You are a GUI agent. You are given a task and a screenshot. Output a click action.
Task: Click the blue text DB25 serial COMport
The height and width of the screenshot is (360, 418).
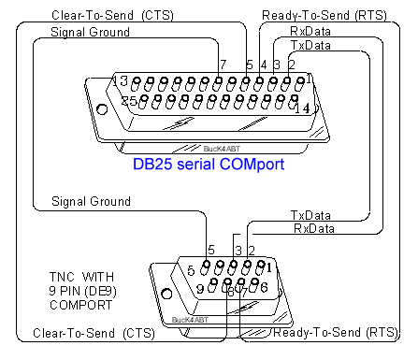point(209,165)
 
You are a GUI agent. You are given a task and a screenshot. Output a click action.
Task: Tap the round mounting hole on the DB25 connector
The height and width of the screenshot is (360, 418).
point(102,109)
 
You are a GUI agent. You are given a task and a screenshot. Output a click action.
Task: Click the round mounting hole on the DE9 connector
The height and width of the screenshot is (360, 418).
point(166,294)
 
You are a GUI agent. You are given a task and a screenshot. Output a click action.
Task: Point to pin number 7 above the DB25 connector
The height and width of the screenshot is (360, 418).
point(223,65)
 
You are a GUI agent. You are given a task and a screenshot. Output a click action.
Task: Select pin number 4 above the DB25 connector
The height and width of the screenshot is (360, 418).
point(264,65)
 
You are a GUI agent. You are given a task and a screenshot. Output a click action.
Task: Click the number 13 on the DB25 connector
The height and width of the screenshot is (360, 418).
point(121,80)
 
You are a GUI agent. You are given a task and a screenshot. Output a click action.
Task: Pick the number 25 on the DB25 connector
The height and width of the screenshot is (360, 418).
point(129,101)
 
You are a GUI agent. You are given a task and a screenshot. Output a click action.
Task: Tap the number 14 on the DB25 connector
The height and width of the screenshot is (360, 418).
point(302,108)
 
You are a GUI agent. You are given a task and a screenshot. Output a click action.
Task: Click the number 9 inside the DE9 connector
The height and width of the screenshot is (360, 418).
point(200,289)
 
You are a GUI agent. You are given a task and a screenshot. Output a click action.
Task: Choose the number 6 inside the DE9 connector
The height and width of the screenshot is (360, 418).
point(264,287)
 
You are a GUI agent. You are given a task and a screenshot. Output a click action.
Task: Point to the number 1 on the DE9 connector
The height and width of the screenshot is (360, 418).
point(269,267)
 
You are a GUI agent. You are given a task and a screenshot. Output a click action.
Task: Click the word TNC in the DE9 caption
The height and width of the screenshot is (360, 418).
point(62,277)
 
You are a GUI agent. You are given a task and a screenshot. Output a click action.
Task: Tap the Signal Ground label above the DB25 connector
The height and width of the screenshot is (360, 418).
point(90,32)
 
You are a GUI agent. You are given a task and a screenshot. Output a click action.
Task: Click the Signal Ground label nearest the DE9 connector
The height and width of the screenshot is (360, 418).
point(91,201)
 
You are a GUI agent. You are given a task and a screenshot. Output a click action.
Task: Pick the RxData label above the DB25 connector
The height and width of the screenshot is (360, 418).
point(310,31)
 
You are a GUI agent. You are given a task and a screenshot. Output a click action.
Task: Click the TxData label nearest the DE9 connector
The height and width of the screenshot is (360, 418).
point(310,215)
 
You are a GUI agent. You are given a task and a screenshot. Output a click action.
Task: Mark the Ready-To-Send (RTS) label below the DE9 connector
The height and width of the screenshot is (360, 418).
point(336,333)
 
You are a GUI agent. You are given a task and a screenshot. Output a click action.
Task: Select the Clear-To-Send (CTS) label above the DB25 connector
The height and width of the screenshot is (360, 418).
point(112,15)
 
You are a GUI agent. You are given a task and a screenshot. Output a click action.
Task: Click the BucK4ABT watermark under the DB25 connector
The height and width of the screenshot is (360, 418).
point(222,149)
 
